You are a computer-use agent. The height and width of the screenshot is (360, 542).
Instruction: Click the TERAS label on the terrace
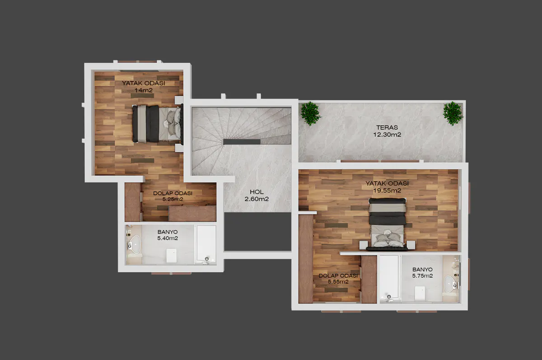[x=387, y=127]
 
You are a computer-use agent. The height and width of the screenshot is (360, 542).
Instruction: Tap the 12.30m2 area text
[x=387, y=135]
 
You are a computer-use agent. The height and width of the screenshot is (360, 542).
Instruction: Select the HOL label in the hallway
[x=257, y=192]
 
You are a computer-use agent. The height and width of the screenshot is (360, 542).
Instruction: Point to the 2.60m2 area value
[x=257, y=199]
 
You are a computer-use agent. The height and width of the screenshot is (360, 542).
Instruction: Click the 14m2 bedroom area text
[x=144, y=90]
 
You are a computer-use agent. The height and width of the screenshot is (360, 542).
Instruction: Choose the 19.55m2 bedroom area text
[x=387, y=191]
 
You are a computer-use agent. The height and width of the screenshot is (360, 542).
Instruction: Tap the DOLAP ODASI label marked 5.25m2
[x=173, y=193]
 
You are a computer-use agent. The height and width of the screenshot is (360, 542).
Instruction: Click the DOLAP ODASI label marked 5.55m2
[x=338, y=276]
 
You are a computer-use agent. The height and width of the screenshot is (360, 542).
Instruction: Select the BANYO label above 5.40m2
[x=168, y=232]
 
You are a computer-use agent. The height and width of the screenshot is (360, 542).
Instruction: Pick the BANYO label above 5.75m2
[x=422, y=270]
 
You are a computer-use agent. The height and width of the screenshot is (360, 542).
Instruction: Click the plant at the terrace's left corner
[x=310, y=113]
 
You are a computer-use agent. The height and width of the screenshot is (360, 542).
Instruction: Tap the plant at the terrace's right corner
[x=453, y=113]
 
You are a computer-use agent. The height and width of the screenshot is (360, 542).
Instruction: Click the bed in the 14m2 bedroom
[x=157, y=123]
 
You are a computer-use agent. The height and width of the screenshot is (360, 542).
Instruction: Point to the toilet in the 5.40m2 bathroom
[x=171, y=256]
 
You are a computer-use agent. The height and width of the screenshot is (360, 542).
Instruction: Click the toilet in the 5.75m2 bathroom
[x=420, y=293]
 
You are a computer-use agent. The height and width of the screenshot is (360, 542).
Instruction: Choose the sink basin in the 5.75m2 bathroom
[x=449, y=284]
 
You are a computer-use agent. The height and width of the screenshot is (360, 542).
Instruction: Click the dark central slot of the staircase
[x=242, y=142]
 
